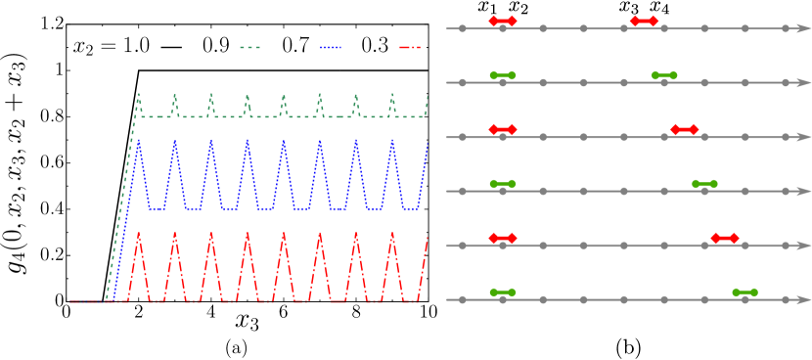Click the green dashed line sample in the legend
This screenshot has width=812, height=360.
pos(250,47)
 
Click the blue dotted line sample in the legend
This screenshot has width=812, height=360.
pos(331,47)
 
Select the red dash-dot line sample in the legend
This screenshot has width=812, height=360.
pos(410,47)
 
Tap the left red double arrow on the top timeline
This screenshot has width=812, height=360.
pos(503,21)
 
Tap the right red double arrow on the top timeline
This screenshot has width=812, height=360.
pos(644,21)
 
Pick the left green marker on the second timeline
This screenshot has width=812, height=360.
pos(503,75)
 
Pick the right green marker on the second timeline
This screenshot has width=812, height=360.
pos(664,75)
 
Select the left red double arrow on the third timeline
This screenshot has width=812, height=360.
pos(503,129)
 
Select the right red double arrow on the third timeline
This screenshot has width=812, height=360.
pos(685,129)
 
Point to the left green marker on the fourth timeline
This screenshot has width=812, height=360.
pos(503,184)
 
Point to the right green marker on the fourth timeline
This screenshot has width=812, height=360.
pos(704,184)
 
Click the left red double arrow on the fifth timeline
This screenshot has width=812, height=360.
pos(503,238)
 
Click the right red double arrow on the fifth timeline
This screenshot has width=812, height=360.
pos(725,238)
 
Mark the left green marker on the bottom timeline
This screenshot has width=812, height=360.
pos(503,292)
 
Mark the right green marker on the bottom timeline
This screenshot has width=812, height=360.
pos(744,292)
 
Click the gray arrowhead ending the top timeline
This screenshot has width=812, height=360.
pos(804,28)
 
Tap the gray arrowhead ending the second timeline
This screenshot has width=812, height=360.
pos(804,83)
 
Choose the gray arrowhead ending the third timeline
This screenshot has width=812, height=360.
pos(804,137)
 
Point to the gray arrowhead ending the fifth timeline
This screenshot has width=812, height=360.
pos(804,246)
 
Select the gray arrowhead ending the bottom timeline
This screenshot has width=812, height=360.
pos(804,299)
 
